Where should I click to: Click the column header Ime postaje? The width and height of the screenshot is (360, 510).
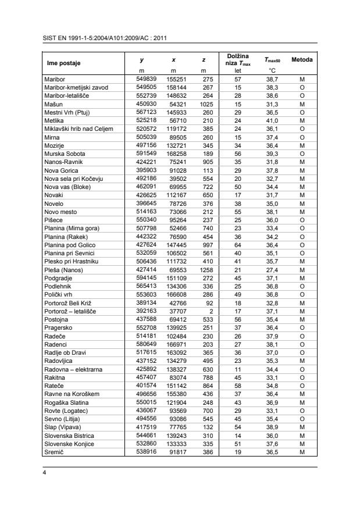coord(63,63)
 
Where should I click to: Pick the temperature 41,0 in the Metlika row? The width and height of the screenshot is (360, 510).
coord(272,120)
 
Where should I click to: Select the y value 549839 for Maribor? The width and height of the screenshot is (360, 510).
coord(138,79)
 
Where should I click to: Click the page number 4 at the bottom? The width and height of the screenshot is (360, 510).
coord(45,473)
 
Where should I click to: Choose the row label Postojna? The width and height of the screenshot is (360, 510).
coord(58,319)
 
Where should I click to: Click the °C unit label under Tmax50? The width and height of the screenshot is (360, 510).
coord(271,70)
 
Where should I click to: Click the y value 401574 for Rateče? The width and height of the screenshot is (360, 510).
coord(138,386)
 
